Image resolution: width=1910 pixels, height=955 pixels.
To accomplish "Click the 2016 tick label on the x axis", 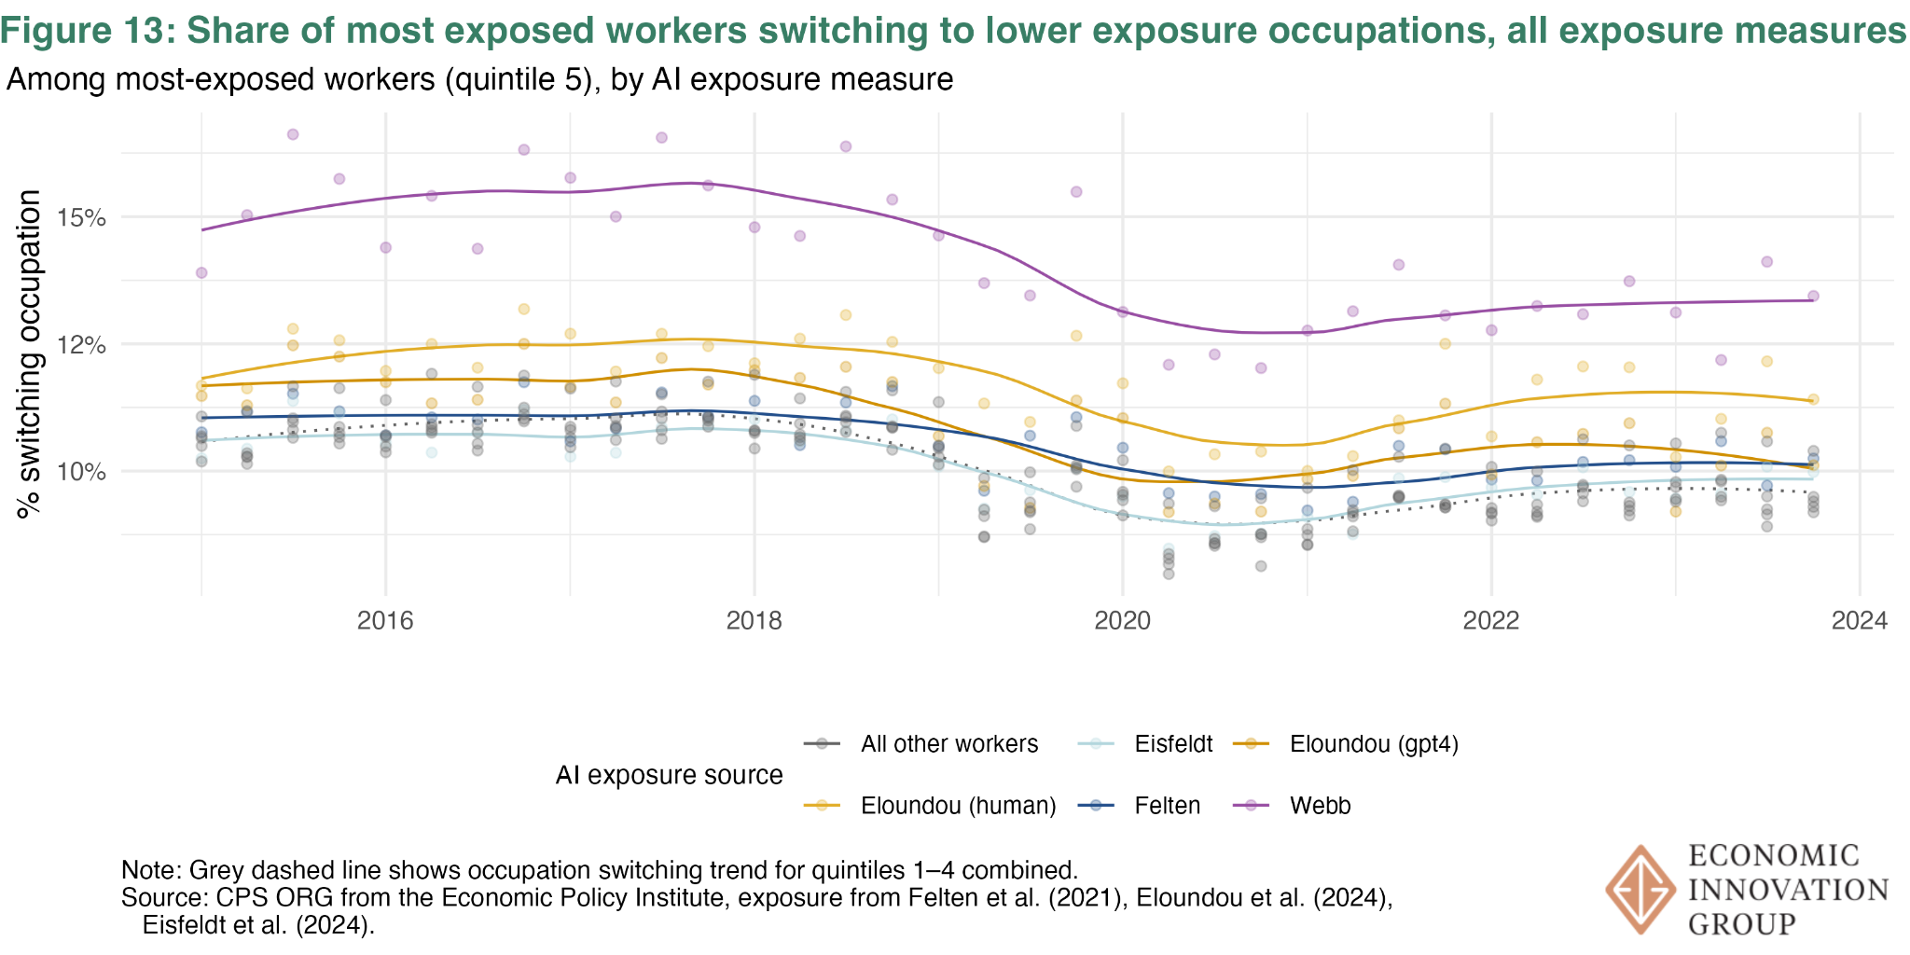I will (x=385, y=621).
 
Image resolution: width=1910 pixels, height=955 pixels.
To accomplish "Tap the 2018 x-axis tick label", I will (x=754, y=621).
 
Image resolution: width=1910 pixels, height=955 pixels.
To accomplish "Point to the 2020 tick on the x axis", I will (x=1123, y=621).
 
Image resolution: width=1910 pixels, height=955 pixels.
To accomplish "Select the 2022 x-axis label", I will (x=1491, y=621).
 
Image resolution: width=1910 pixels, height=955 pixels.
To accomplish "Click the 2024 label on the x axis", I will (x=1860, y=621).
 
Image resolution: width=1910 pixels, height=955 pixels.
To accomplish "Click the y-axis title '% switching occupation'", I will (x=30, y=354).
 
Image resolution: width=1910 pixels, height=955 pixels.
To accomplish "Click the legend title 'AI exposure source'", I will (x=669, y=775).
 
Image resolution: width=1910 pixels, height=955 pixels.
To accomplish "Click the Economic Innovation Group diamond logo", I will (x=1639, y=890).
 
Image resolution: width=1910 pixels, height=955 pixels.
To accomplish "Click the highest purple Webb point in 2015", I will (x=292, y=134).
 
